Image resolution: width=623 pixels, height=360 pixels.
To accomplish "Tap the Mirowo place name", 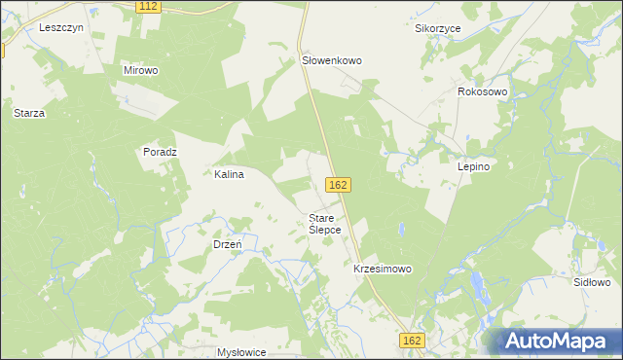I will tap(141, 71).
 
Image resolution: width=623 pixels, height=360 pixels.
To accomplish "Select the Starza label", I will tap(29, 113).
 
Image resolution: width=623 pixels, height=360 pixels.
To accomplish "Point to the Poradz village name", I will tap(160, 152).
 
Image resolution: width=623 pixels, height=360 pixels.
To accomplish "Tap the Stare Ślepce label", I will tap(324, 224).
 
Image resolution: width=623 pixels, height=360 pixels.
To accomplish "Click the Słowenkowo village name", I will tap(331, 60).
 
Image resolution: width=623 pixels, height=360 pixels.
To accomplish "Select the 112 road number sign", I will tap(148, 7).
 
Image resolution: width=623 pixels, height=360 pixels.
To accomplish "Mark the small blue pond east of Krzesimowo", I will tap(400, 232).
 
